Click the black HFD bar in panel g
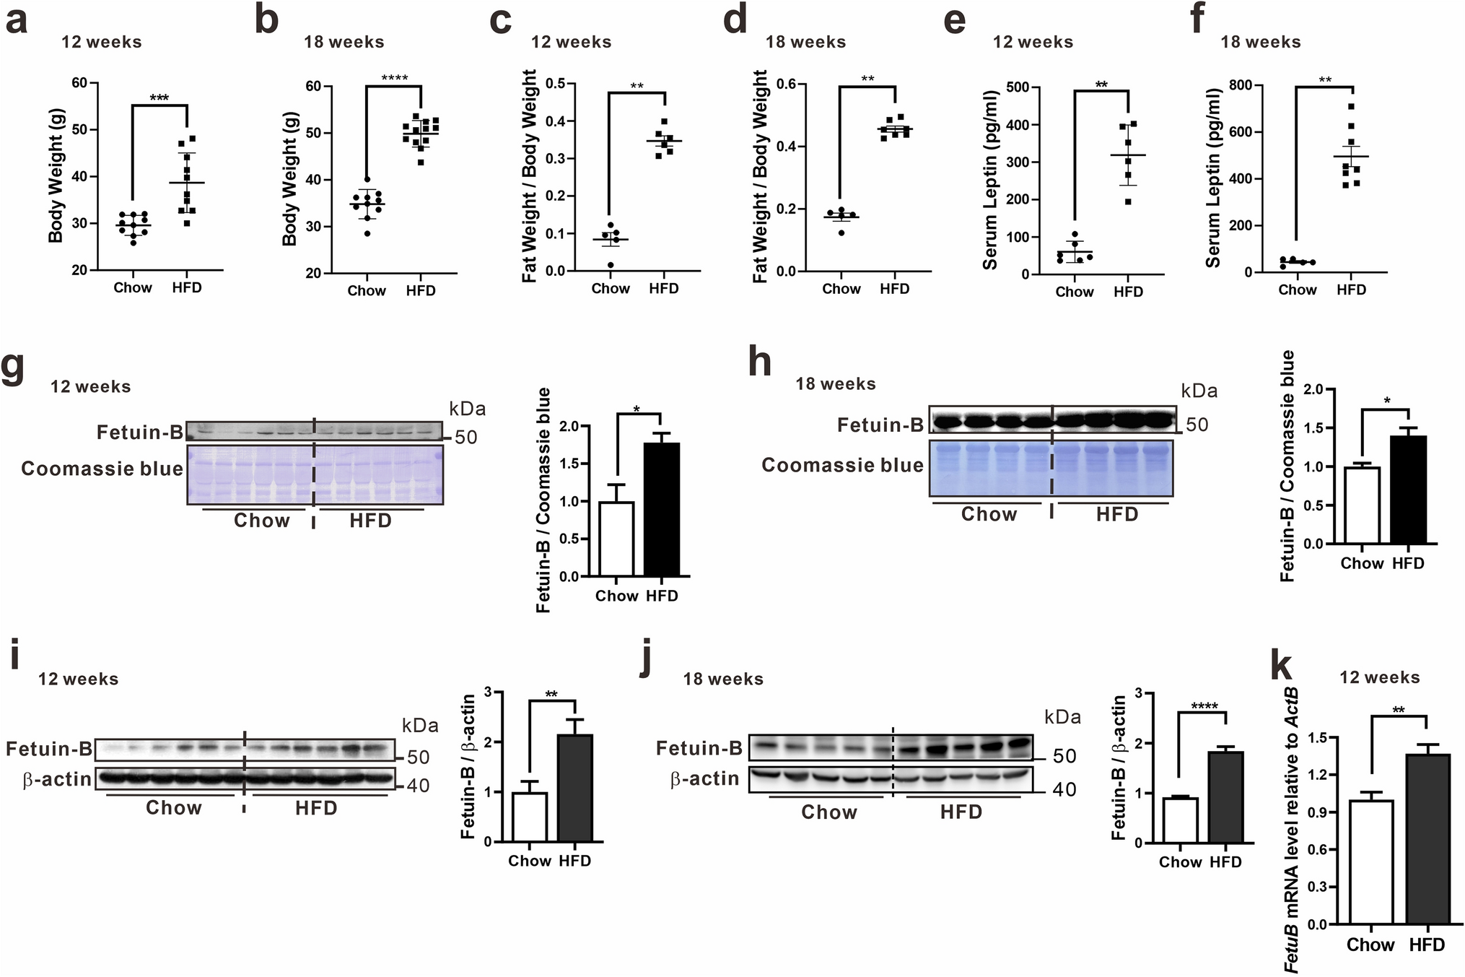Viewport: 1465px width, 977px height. pyautogui.click(x=661, y=509)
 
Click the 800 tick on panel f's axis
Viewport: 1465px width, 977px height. pyautogui.click(x=1239, y=85)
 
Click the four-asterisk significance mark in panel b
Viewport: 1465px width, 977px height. pyautogui.click(x=394, y=78)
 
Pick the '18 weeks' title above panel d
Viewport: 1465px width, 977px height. pyautogui.click(x=805, y=42)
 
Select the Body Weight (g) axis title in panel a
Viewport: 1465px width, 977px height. pyautogui.click(x=56, y=175)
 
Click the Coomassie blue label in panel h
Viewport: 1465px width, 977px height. pyautogui.click(x=842, y=465)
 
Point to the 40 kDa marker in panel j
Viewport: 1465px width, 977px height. pyautogui.click(x=1064, y=789)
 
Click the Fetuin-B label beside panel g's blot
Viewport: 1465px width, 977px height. pyautogui.click(x=140, y=433)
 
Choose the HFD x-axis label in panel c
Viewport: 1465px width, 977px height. pyautogui.click(x=663, y=289)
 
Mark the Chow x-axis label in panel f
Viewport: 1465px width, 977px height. pyautogui.click(x=1297, y=290)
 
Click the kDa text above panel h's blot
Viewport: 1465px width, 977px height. pyautogui.click(x=1199, y=391)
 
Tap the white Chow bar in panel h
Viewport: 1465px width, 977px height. pyautogui.click(x=1362, y=505)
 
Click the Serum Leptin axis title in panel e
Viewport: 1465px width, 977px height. pyautogui.click(x=990, y=181)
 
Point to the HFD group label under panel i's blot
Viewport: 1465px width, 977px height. pyautogui.click(x=316, y=807)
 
